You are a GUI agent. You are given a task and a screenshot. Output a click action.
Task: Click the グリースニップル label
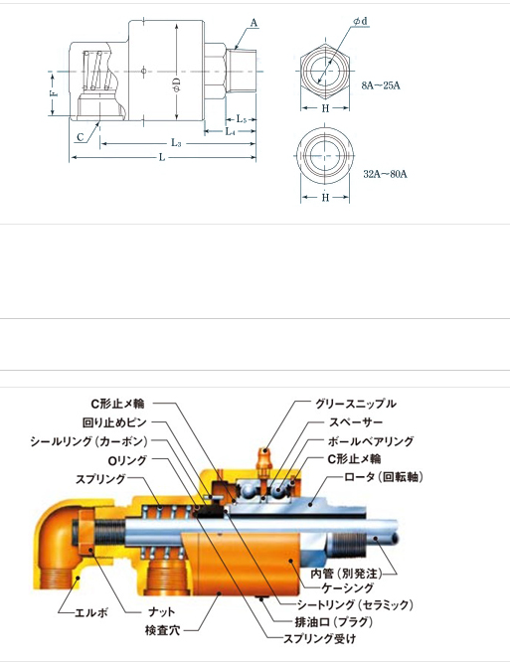coord(356,404)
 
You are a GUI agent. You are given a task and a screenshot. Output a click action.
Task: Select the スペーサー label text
coord(356,422)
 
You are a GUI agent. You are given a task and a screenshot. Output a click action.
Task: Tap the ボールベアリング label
coord(370,441)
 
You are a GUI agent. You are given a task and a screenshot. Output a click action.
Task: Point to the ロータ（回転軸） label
coord(383,477)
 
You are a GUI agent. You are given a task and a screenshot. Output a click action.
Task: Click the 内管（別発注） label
coord(346,574)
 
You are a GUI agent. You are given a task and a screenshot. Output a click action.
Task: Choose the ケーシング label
coord(348,588)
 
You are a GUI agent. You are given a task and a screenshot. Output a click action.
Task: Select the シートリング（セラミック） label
coord(354,604)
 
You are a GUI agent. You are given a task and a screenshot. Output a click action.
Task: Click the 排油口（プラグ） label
coord(333,622)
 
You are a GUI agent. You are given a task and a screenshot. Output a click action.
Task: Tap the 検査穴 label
coord(162,630)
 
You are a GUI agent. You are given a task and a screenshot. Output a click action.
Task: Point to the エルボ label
coord(91,612)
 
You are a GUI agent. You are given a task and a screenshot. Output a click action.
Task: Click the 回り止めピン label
coord(114,422)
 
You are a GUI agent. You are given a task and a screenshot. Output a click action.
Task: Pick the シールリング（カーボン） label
coord(88,441)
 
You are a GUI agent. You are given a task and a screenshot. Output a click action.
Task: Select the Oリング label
coord(127,460)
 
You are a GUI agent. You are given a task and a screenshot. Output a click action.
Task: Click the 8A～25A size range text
coord(381,85)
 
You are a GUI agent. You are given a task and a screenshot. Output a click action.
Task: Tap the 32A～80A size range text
coord(385,174)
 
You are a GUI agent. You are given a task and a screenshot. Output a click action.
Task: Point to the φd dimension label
coord(360,21)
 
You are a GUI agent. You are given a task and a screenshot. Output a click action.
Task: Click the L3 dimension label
coord(176,143)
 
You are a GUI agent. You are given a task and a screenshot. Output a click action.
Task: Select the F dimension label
coord(54,93)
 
